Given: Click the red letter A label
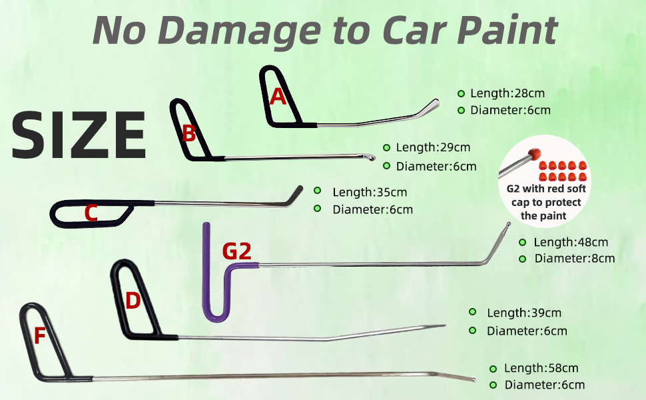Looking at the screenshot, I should [x=278, y=97].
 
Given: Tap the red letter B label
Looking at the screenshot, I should [x=189, y=134].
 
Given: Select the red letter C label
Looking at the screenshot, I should [x=91, y=213].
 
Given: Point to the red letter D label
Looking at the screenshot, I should [x=133, y=301].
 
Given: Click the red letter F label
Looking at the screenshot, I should [x=39, y=336].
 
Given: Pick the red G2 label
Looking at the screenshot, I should [x=236, y=251].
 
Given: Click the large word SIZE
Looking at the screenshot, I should [x=79, y=135].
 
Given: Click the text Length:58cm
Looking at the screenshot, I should [x=541, y=368].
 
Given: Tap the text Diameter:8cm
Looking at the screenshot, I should [x=575, y=258].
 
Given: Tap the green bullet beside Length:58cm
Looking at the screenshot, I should [x=493, y=368].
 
